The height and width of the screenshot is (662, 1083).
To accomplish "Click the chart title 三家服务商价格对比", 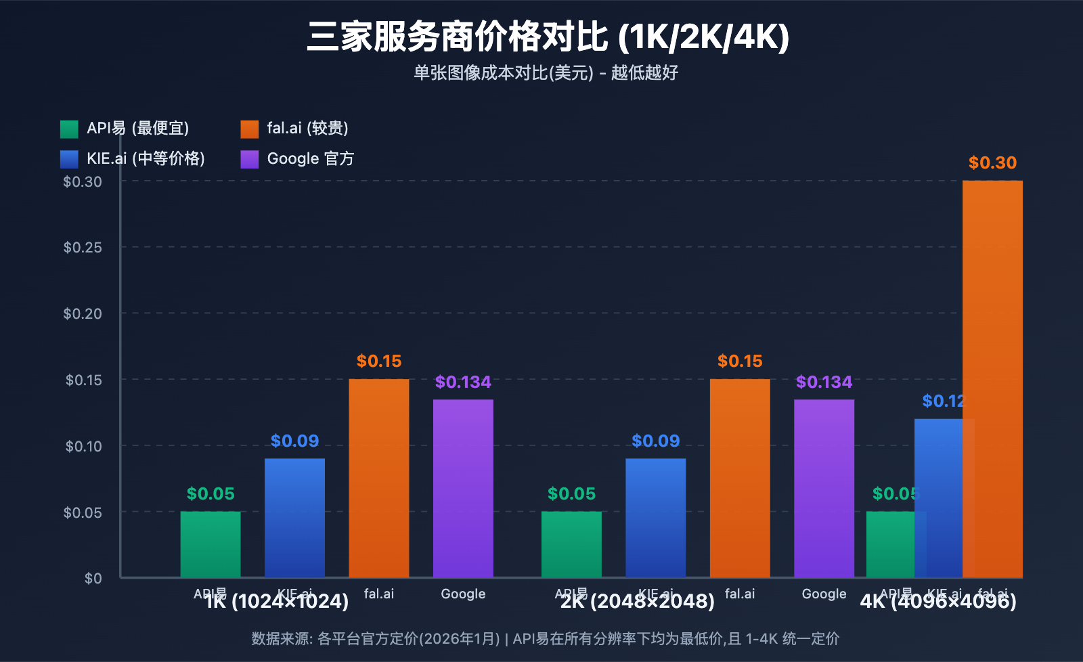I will pos(548,37).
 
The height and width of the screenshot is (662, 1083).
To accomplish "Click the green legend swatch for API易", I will pos(69,129).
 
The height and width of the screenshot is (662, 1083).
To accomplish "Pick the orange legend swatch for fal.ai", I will pos(249,129).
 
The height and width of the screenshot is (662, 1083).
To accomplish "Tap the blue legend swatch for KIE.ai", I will pos(69,159).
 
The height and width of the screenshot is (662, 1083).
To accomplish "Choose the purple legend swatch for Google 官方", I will pos(249,159).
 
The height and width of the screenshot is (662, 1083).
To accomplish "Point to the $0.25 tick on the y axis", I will pos(83,248).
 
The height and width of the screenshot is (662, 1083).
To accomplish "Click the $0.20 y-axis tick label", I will pos(83,314).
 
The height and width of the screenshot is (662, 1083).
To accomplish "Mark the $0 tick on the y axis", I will pos(93,579).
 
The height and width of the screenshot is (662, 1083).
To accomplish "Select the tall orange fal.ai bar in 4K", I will pos(992,379).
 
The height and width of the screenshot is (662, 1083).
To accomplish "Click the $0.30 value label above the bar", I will pos(992,163).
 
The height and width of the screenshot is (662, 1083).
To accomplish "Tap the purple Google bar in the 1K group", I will pos(463,488).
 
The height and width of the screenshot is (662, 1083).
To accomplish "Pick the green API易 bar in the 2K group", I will pos(571,544).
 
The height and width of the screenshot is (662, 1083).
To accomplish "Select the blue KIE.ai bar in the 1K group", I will pos(294,518).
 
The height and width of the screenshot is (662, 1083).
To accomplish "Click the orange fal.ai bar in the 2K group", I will pos(740,478).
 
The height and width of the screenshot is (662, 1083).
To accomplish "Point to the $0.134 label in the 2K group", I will pos(824,382).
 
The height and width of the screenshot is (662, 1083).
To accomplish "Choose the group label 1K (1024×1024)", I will pos(277,602).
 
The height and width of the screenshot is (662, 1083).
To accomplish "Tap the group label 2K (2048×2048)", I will pos(637,602).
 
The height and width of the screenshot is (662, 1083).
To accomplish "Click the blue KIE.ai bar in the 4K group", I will pos(938,498).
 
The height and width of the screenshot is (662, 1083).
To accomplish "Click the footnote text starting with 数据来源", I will pos(545,639).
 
